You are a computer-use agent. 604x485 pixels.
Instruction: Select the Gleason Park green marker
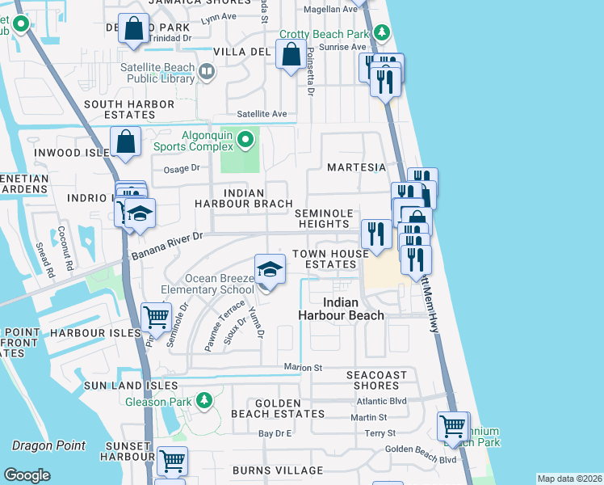click(205, 399)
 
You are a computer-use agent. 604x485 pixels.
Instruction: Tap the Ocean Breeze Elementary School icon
click(270, 270)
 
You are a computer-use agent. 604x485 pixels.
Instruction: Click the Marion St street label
click(303, 367)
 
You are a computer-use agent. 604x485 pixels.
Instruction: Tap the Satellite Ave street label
click(262, 114)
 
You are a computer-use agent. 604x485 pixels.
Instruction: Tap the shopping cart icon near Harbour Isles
click(155, 317)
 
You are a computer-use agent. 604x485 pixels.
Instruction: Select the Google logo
click(27, 475)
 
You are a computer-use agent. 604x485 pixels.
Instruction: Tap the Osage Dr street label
click(181, 168)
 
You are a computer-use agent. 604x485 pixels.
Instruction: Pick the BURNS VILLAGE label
click(277, 470)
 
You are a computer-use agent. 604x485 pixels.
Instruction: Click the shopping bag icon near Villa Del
click(291, 55)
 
